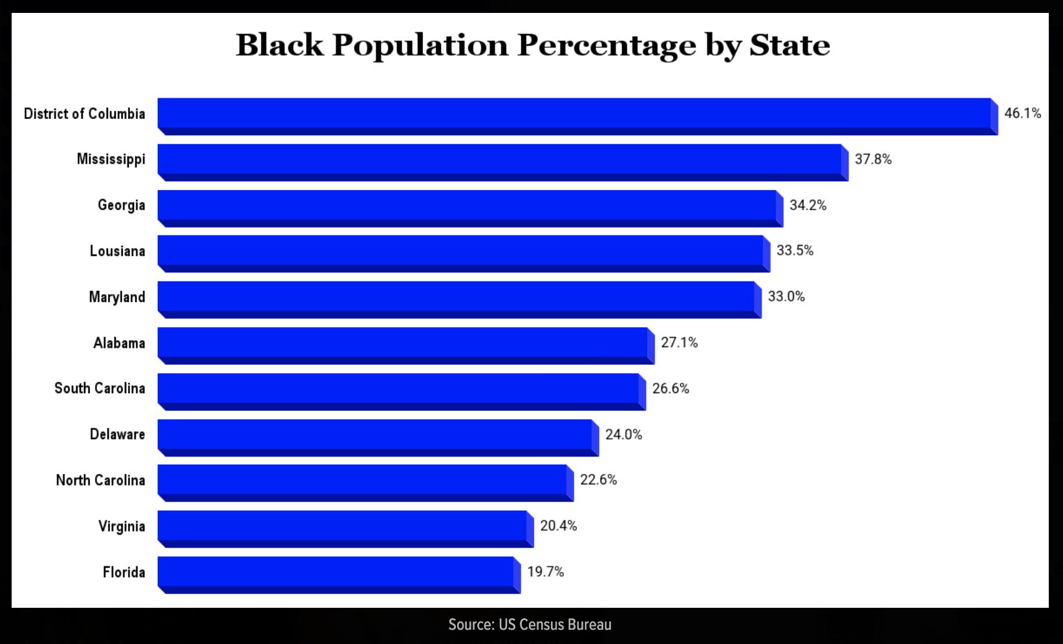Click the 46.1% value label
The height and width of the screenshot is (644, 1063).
point(1022,113)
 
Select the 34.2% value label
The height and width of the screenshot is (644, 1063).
point(808,206)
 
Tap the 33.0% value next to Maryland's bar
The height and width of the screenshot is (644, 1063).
point(786,297)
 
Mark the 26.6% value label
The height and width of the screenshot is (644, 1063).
point(671,389)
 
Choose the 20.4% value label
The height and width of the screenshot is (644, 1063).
point(558,526)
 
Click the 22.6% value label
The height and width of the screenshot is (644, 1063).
point(598,480)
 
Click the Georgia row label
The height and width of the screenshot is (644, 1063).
point(121,206)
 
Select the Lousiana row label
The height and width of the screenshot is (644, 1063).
point(117,251)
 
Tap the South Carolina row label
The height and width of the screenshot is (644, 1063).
point(100,389)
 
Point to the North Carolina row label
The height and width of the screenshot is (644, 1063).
point(100,480)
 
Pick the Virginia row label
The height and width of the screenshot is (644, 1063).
point(122,526)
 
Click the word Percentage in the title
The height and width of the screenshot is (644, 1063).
point(606,45)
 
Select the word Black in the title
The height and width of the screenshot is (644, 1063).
point(279,45)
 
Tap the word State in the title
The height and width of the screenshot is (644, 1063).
point(789,45)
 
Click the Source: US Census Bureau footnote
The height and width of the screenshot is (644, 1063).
point(530,625)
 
